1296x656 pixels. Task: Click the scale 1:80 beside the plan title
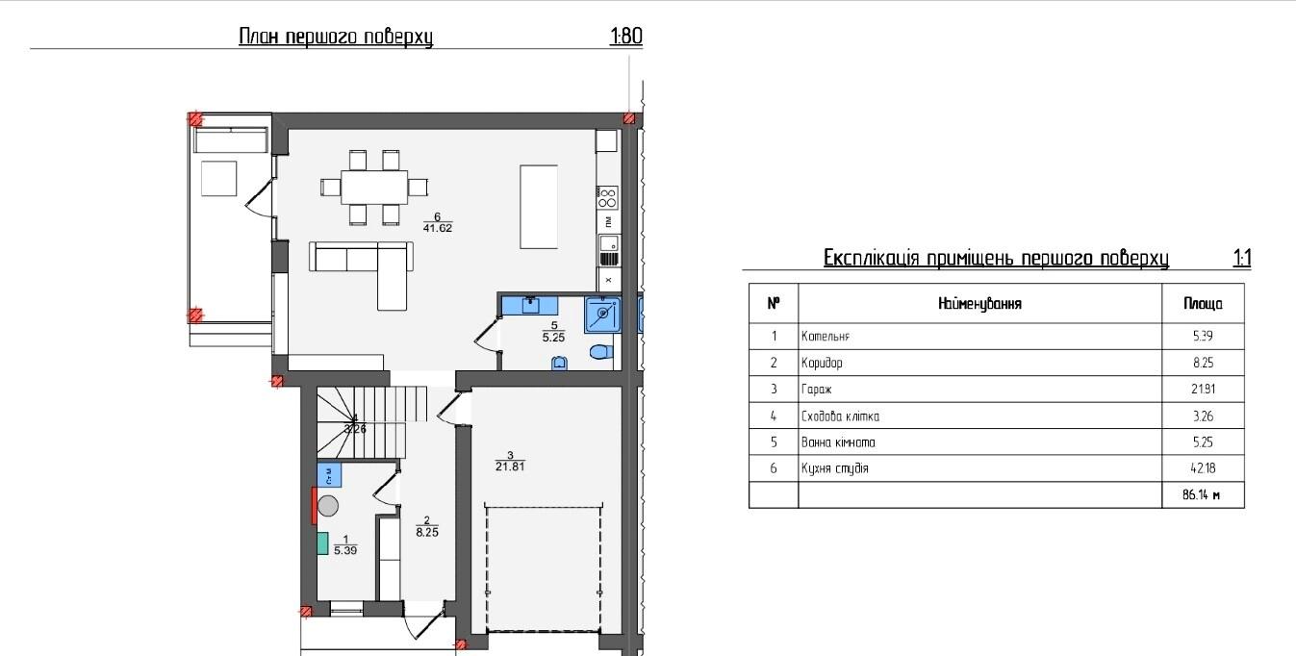[626, 36]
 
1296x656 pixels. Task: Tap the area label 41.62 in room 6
[438, 228]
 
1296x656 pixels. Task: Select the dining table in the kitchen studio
[373, 187]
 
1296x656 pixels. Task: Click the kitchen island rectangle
[539, 207]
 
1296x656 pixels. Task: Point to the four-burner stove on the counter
[607, 197]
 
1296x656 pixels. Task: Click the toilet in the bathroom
[601, 351]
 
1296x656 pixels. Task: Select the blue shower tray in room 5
[603, 315]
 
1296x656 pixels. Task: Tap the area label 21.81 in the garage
[510, 467]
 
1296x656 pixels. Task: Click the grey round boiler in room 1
[328, 506]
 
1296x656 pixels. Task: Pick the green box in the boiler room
[323, 543]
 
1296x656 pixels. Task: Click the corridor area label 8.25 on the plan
[427, 532]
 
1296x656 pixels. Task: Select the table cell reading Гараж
[816, 390]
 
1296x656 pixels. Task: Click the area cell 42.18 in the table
[1203, 468]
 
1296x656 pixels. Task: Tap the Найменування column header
[979, 304]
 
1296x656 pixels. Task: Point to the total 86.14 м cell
[1202, 495]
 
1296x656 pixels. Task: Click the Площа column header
[1203, 304]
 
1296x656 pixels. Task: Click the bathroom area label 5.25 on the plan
[553, 338]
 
